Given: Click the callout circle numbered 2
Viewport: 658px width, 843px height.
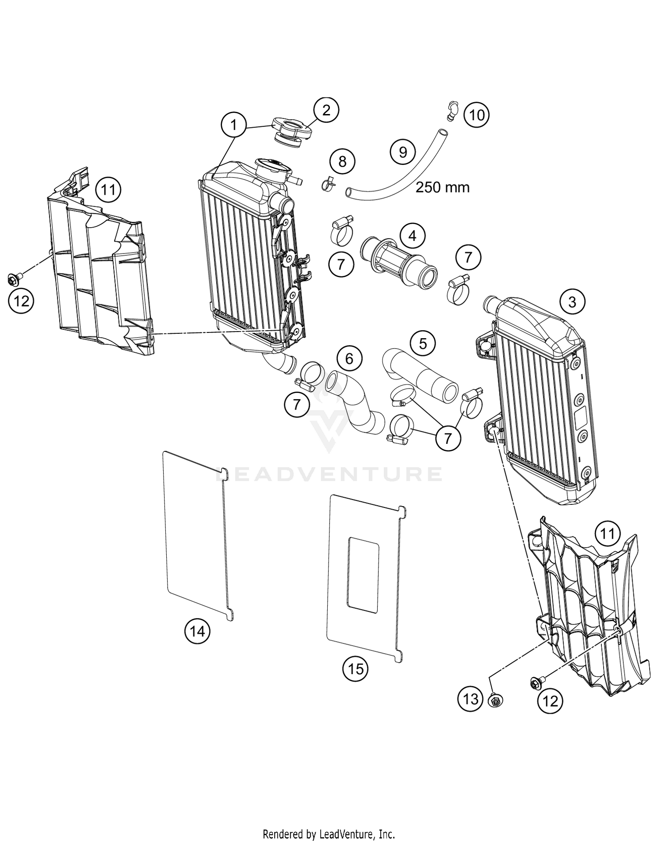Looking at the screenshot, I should (326, 110).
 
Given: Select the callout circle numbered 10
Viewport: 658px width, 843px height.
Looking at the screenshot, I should (476, 115).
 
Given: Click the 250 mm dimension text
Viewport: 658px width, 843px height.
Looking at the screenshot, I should (442, 187).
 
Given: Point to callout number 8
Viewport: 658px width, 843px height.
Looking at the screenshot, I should (342, 161).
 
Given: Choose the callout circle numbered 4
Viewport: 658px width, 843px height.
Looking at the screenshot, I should (412, 236).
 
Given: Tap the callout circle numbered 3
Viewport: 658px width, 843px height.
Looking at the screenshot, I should (572, 302).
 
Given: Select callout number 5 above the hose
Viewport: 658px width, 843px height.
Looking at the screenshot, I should (422, 343).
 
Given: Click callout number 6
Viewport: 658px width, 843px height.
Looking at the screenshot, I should (349, 359).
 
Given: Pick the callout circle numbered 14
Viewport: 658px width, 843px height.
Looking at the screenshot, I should (197, 632).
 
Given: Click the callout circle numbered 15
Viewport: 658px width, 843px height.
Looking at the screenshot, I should (355, 669).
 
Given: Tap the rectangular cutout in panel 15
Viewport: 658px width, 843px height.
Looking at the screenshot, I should (363, 575).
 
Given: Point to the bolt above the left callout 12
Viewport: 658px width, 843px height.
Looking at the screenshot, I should (13, 279).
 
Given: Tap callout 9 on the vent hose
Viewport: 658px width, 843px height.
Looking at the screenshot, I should (403, 152).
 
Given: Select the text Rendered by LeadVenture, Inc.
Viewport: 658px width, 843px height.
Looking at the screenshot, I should (329, 833).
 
